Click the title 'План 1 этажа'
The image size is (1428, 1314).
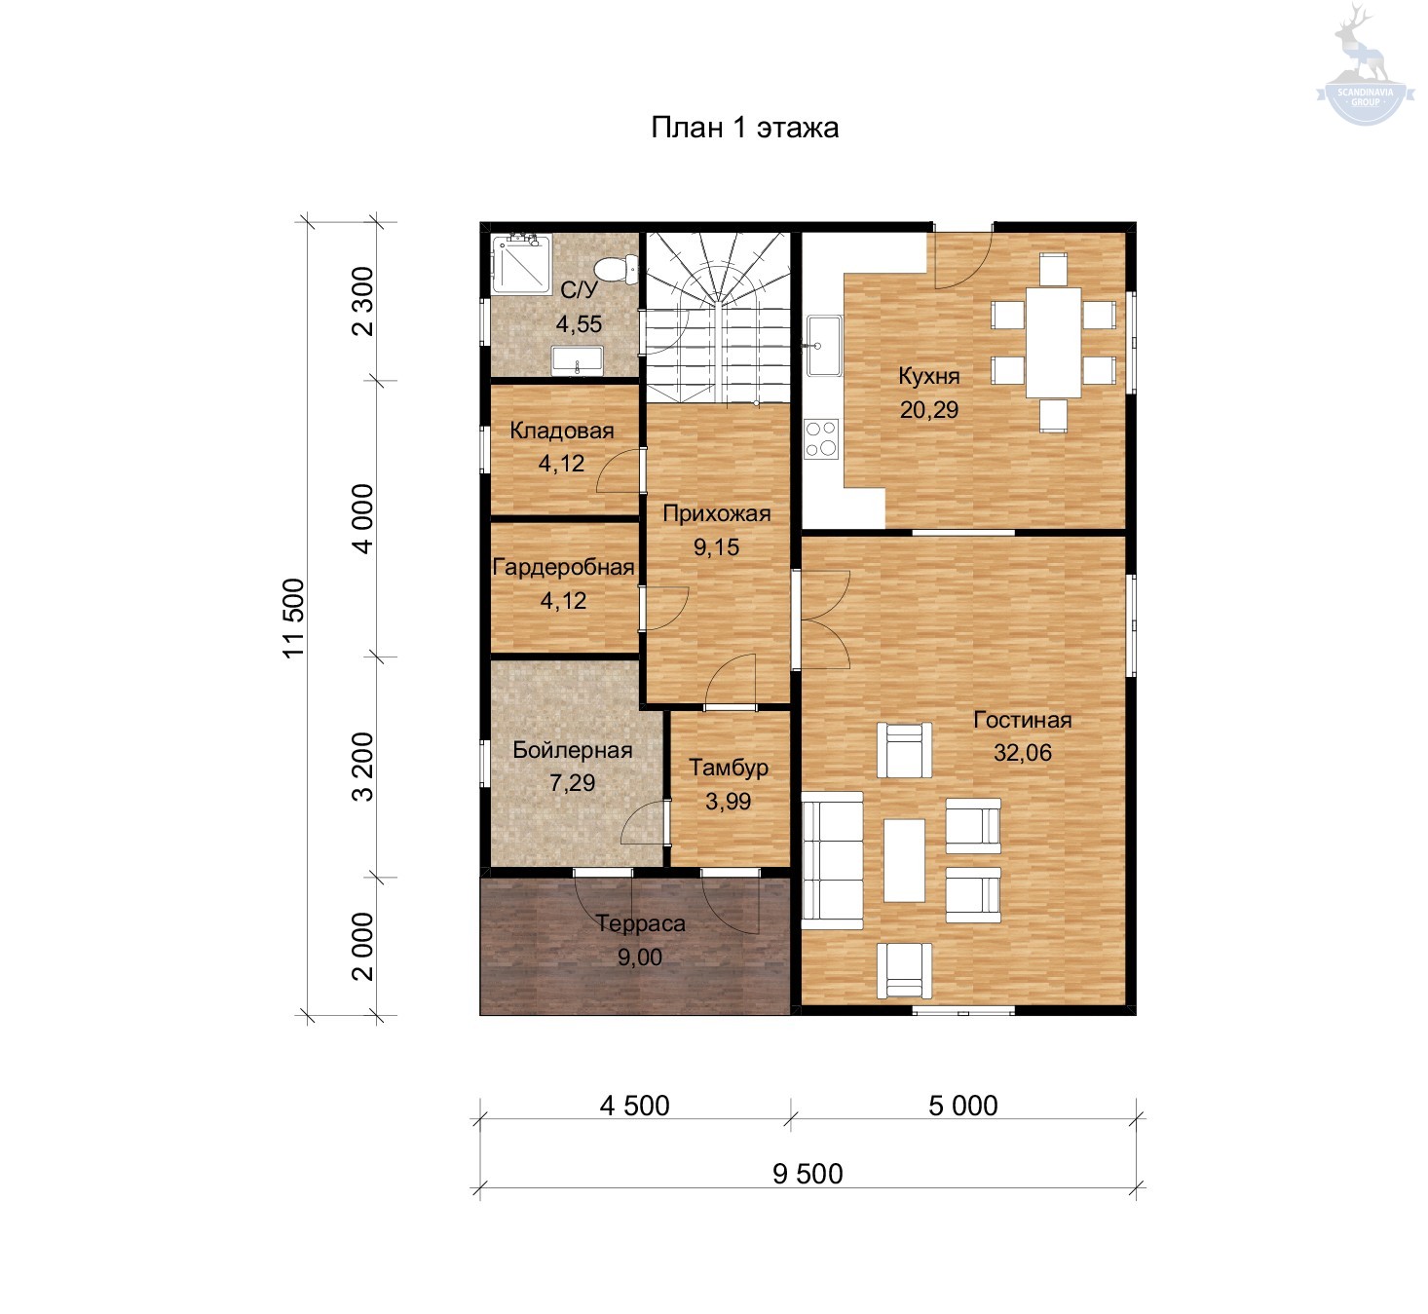[x=744, y=128]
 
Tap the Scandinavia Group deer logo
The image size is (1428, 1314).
[x=1365, y=64]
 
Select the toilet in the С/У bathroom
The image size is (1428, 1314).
[x=616, y=269]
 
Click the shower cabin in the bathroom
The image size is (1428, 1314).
[x=521, y=264]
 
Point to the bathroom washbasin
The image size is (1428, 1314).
[x=577, y=360]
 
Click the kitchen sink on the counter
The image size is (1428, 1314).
[x=824, y=346]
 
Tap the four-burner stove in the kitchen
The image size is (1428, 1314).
[x=821, y=438]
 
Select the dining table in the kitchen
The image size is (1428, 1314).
[x=1053, y=343]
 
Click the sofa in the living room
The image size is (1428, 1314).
[x=832, y=860]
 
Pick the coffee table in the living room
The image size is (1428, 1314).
[x=904, y=860]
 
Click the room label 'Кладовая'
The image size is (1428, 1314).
[x=562, y=431]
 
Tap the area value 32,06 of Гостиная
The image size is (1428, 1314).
[x=1022, y=753]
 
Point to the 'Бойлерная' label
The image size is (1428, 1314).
[x=573, y=750]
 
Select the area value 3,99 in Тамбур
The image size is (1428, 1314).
[x=728, y=802]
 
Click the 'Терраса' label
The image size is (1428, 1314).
[x=641, y=923]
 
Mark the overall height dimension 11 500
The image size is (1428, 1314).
[x=293, y=619]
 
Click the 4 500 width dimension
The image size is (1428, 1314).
[x=634, y=1106]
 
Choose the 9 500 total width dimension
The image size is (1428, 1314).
[x=808, y=1174]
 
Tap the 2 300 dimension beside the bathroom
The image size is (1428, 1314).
[x=362, y=301]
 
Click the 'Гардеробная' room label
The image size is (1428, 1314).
[x=563, y=567]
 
